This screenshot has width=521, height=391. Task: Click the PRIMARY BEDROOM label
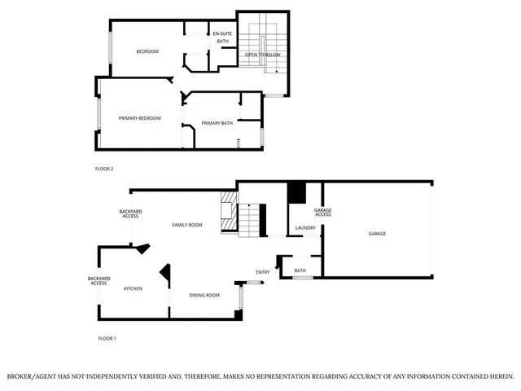click(139, 119)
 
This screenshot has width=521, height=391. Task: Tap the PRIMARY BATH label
click(217, 123)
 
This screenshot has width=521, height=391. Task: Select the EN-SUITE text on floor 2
click(222, 33)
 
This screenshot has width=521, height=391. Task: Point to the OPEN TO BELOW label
click(263, 55)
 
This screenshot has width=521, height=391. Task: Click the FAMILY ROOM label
click(186, 225)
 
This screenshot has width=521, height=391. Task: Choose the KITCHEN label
click(133, 288)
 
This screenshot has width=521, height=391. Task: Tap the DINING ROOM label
click(204, 295)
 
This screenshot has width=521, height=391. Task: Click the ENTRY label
click(262, 272)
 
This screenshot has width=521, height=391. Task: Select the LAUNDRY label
click(305, 228)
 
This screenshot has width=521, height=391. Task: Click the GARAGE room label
click(377, 234)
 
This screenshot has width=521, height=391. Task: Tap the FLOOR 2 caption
click(104, 169)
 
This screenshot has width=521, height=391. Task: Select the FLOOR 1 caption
click(107, 338)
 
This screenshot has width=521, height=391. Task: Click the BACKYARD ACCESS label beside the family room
click(130, 213)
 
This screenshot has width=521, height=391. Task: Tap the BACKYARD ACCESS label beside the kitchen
click(99, 281)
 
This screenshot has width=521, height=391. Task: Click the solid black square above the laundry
click(296, 193)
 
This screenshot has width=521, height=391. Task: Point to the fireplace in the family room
click(227, 213)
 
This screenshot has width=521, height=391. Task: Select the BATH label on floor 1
click(300, 270)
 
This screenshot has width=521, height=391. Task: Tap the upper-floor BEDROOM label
click(147, 51)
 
